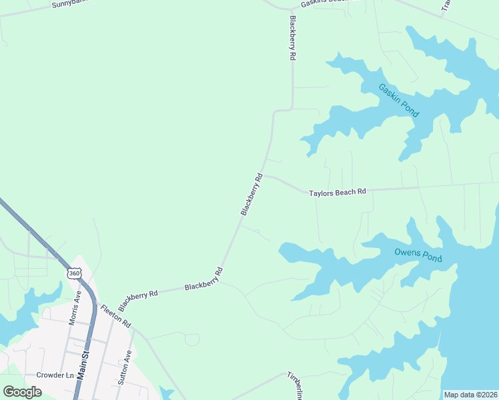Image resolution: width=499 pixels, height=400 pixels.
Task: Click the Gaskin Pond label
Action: (x=398, y=101)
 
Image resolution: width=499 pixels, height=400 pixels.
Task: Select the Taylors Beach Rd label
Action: (x=338, y=193)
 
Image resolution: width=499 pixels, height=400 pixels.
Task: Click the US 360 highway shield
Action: (x=73, y=273)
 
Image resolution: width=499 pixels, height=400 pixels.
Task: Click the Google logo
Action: (x=22, y=392)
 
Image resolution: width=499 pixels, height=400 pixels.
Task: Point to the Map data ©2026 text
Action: (x=470, y=395)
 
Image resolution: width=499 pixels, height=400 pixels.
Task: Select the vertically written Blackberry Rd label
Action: (x=292, y=39)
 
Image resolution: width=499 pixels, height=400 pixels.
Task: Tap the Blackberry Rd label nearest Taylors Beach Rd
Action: (x=252, y=195)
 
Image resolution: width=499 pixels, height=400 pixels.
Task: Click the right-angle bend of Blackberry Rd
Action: (x=292, y=109)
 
